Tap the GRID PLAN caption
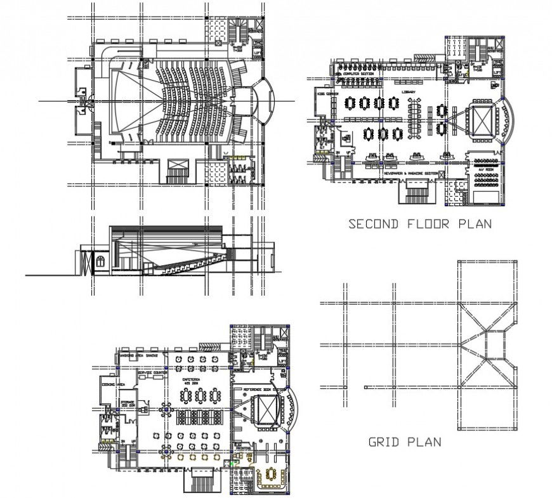click(404, 442)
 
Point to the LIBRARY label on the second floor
click(409, 92)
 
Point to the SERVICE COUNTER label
click(152, 372)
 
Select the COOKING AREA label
click(113, 384)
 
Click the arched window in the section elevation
click(99, 261)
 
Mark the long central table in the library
click(416, 120)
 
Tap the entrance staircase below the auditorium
click(178, 171)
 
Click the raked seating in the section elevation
click(190, 263)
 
